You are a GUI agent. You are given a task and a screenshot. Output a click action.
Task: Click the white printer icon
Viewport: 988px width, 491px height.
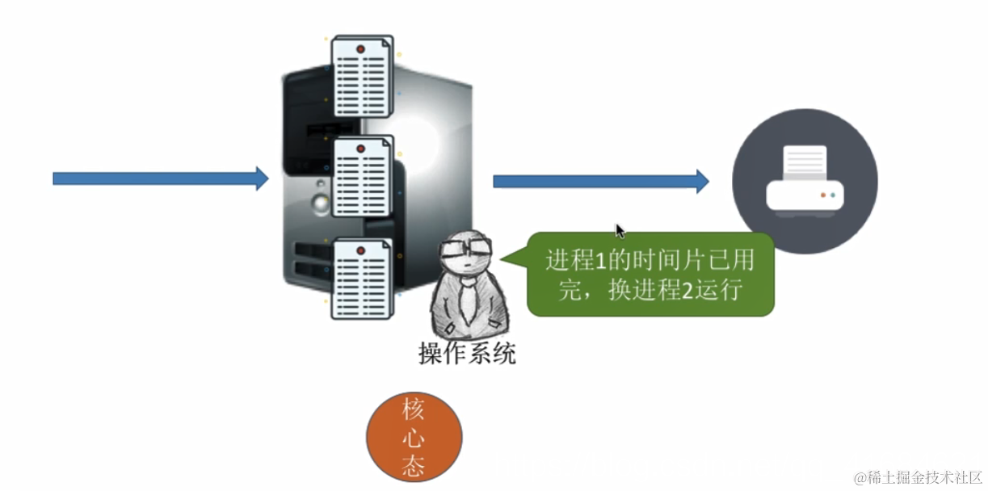pos(805,183)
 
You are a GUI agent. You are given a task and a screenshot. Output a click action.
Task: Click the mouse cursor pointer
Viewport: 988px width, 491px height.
pos(620,231)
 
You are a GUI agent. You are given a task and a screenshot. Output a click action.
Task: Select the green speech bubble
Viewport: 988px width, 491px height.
pos(650,275)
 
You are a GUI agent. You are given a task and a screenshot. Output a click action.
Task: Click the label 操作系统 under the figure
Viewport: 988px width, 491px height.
pos(466,354)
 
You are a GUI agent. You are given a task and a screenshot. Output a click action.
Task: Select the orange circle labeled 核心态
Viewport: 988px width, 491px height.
pos(414,436)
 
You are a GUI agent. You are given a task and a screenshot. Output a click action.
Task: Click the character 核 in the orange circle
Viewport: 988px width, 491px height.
pos(414,409)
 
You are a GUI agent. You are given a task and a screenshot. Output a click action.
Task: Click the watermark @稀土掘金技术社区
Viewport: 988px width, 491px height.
pos(917,477)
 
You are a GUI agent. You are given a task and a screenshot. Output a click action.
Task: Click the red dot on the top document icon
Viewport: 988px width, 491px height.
pos(360,49)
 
